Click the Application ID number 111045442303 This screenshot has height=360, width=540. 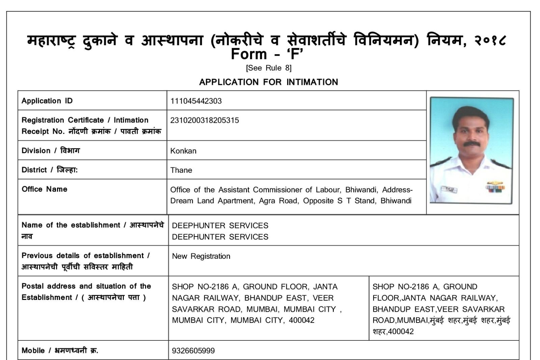pos(196,101)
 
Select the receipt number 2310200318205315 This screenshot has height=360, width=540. pos(205,120)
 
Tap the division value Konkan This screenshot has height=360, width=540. pos(183,151)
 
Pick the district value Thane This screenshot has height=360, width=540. pos(181,170)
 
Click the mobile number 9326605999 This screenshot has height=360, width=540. pos(193,351)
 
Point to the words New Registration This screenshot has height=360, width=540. pos(201,256)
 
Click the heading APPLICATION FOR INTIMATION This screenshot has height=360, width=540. pos(268,82)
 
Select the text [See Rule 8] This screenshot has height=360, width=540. pos(269,68)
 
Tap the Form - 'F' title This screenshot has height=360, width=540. pos(267,54)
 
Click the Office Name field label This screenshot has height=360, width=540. pos(44,189)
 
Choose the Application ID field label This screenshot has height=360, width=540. pos(47,101)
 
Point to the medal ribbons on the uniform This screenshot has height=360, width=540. pos(495,186)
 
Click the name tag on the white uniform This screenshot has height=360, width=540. pos(446,189)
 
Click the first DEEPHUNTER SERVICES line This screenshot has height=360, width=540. pos(220,225)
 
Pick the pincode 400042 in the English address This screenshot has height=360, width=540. pos(301,320)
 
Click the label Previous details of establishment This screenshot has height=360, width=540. pos(85,255)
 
